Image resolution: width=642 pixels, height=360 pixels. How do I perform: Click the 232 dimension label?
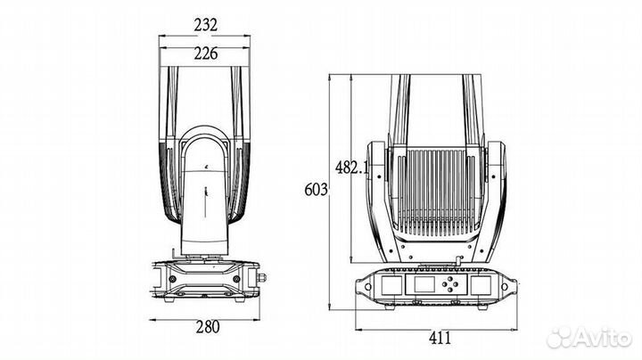coord(204,25)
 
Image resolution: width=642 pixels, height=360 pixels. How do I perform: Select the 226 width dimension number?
coord(204,53)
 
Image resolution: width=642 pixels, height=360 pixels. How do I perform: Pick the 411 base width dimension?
coord(437,337)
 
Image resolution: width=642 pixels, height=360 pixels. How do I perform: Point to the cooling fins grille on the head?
coord(436,192)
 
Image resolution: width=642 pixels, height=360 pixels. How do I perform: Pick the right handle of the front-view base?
coord(511,288)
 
